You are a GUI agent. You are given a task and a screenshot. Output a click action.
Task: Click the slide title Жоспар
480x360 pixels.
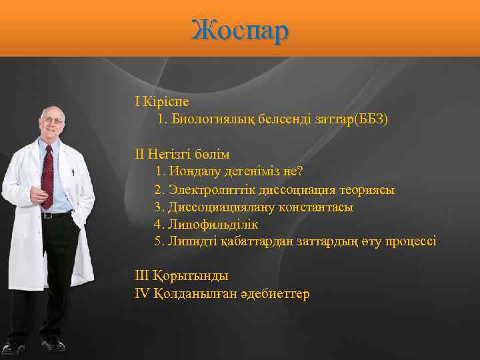[x=240, y=30]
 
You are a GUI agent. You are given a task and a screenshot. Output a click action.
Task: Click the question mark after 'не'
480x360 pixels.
[x=300, y=172]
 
